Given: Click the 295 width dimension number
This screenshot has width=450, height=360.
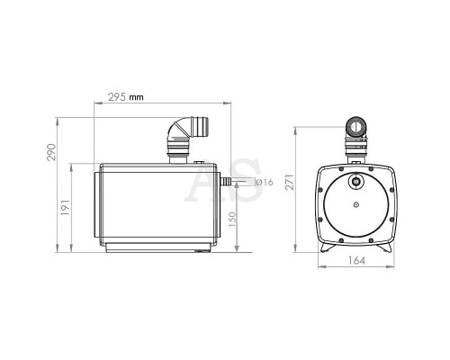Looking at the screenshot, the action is pos(117,97).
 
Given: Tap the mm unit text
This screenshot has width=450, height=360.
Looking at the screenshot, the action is pos(136,97).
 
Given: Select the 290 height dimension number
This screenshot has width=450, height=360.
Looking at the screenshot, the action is pos(51,152).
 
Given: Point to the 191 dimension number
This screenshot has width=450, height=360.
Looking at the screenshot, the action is pos(65,207).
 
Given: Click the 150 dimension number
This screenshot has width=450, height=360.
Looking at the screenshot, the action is pos(232,220).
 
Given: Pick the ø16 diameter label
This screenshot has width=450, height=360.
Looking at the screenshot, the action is pos(264,182).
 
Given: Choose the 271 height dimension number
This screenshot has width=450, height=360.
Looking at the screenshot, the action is pos(290,182).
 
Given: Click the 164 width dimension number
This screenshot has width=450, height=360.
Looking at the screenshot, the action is pos(356,260).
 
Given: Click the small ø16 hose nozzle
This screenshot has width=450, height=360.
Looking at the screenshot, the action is pos(226,181).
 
